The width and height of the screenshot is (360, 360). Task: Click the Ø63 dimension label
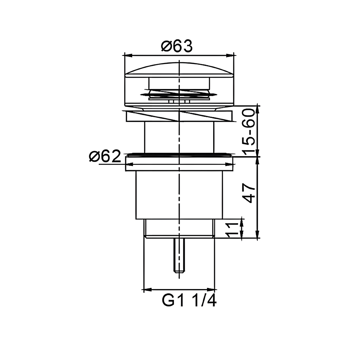pos(177,46)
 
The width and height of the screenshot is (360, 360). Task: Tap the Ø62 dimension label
pos(105,156)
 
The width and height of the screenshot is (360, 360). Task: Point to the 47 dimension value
pos(249,193)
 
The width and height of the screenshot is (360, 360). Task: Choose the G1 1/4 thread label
pos(189,300)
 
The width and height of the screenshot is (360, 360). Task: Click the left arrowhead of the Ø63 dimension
pos(129,55)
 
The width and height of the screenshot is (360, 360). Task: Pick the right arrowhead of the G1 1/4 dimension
pos(211,289)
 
